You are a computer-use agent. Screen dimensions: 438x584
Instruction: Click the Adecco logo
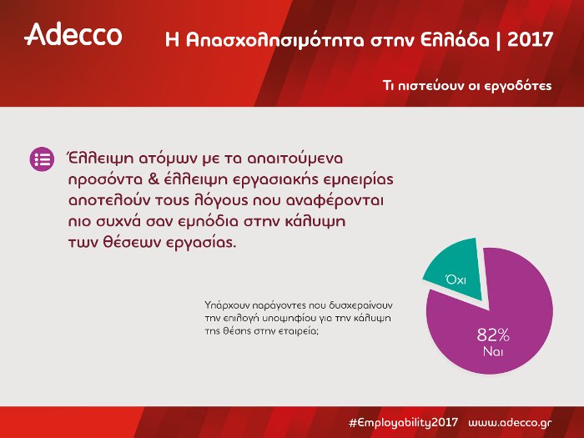click(x=73, y=34)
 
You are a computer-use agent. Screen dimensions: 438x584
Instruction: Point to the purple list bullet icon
click(x=41, y=159)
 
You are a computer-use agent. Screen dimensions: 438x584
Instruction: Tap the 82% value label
click(x=492, y=335)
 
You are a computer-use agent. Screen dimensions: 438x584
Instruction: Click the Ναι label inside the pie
click(x=492, y=352)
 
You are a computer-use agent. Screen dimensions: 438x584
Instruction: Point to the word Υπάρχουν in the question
click(x=224, y=305)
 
